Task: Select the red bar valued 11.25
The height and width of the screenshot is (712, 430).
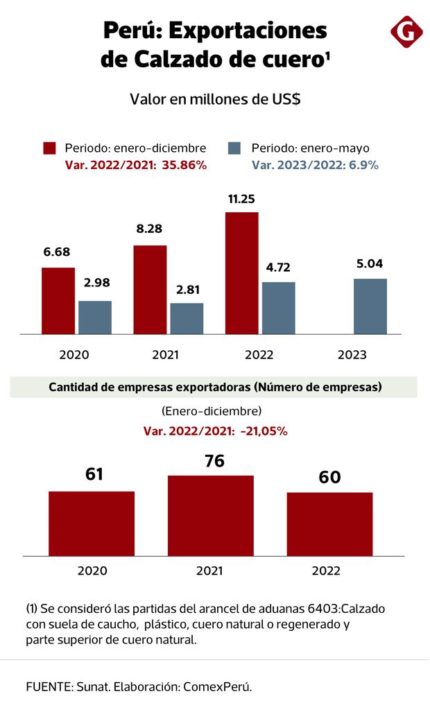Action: pyautogui.click(x=241, y=273)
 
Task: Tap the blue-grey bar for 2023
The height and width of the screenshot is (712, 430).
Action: pyautogui.click(x=370, y=306)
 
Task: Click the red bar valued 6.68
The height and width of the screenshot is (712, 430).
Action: pyautogui.click(x=58, y=301)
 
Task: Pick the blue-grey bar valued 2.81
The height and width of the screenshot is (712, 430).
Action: pyautogui.click(x=187, y=319)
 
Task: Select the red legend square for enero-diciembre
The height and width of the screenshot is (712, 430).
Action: pyautogui.click(x=49, y=148)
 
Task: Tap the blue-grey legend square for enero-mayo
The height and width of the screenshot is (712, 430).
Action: pyautogui.click(x=234, y=148)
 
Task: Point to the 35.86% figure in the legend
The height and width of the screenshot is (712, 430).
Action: pyautogui.click(x=185, y=165)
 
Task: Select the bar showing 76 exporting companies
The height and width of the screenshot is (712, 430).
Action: pyautogui.click(x=211, y=516)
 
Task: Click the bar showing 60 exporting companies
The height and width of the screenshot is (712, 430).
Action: pyautogui.click(x=330, y=524)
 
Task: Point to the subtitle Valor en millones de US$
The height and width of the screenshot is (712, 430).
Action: pyautogui.click(x=215, y=99)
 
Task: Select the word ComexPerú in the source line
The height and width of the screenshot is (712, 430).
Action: pyautogui.click(x=219, y=687)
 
